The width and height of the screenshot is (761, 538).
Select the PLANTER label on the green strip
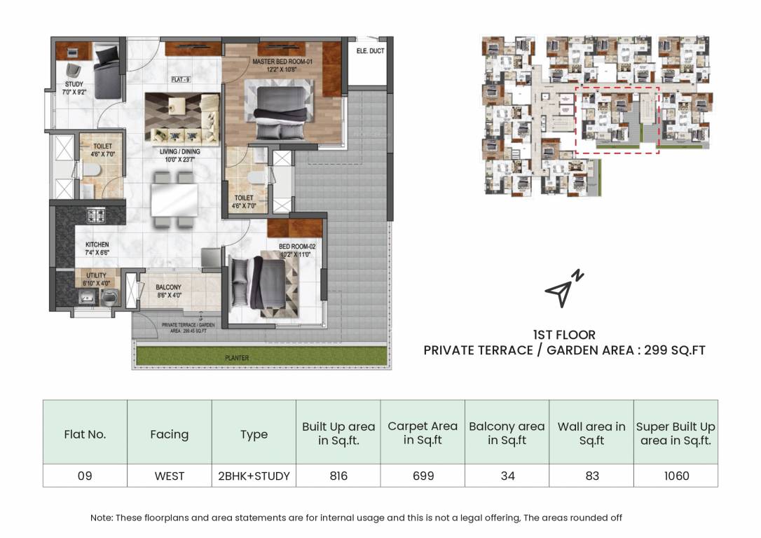tap(237, 358)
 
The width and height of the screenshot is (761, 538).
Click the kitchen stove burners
tap(95, 214)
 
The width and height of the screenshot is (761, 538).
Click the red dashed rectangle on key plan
tap(617, 119)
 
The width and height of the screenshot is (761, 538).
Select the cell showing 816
tap(338, 476)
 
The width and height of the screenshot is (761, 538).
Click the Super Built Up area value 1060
tap(676, 476)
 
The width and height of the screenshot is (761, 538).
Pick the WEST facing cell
tap(169, 476)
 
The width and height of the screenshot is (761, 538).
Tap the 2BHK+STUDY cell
tap(254, 476)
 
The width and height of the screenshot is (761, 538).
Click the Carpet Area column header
tap(423, 433)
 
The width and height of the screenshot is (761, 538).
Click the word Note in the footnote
tap(102, 518)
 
